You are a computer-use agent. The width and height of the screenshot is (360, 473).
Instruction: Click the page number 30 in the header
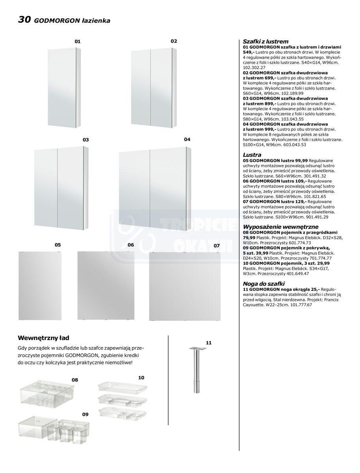pyautogui.click(x=24, y=20)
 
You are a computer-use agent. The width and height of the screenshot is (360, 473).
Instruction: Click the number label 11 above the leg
pyautogui.click(x=209, y=343)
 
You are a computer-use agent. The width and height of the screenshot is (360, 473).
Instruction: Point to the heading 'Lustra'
pyautogui.click(x=252, y=155)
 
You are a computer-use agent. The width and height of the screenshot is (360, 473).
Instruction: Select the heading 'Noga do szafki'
pyautogui.click(x=264, y=284)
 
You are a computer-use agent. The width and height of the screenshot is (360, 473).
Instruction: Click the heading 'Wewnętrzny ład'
pyautogui.click(x=43, y=338)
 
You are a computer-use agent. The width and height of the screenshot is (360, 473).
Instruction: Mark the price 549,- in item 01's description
pyautogui.click(x=249, y=52)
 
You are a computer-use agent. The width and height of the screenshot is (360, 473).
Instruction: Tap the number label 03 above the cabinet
pyautogui.click(x=86, y=140)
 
